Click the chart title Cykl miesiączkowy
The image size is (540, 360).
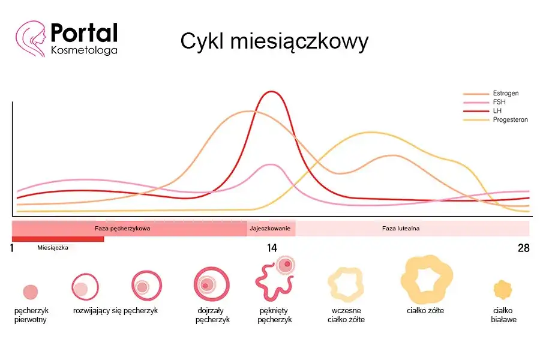[x=274, y=42]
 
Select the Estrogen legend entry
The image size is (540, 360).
[x=505, y=94]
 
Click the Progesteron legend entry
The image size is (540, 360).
[x=510, y=120]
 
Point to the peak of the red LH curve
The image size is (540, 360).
[x=272, y=92]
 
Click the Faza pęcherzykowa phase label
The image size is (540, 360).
[x=122, y=229]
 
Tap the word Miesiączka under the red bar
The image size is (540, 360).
[x=53, y=247]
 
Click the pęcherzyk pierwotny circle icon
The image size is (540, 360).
[x=30, y=292]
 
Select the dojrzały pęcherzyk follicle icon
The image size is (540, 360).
[x=211, y=284]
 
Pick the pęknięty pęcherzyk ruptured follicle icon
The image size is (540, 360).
[x=274, y=279]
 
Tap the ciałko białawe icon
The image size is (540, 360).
[x=503, y=290]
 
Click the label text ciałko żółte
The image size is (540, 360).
[x=425, y=311]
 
